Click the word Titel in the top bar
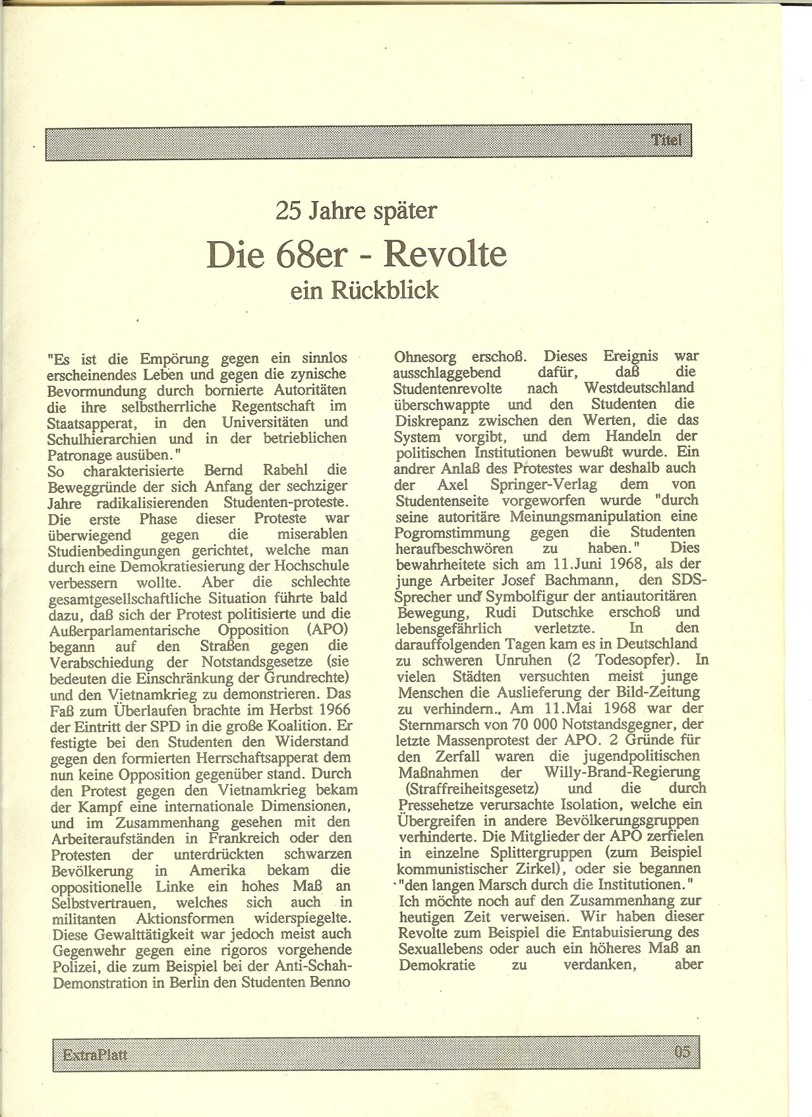click(x=665, y=140)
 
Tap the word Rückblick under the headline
click(x=384, y=290)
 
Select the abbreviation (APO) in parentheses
click(x=320, y=630)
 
